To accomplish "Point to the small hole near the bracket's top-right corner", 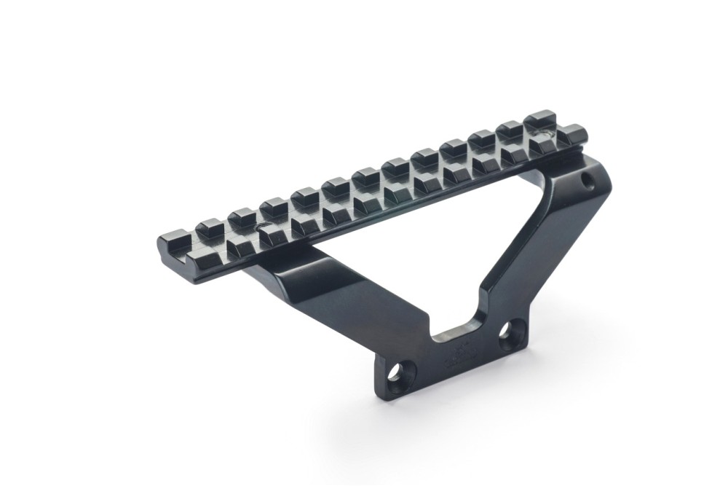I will [587, 177].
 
